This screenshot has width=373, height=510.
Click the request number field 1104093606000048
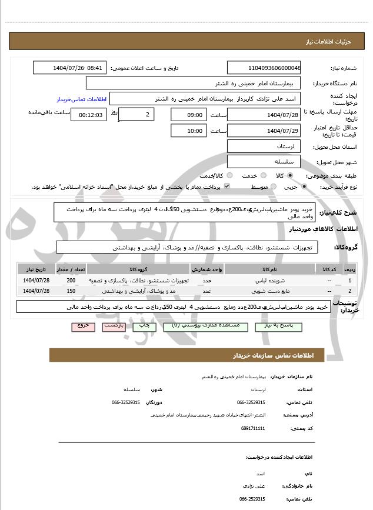264,68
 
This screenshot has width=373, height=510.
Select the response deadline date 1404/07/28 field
264,114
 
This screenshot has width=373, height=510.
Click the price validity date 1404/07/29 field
264,131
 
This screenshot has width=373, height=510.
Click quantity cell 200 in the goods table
71,281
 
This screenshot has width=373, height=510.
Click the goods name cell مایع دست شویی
268,291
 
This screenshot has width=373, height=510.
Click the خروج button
83,325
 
